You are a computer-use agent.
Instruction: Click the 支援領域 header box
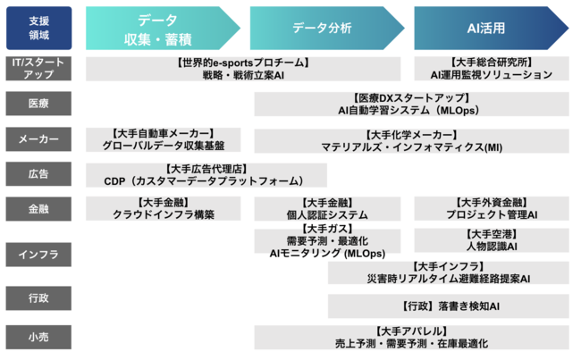pyautogui.click(x=39, y=28)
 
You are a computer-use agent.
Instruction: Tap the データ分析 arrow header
pyautogui.click(x=324, y=29)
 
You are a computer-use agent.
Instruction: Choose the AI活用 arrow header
pyautogui.click(x=488, y=29)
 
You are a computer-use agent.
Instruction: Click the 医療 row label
pyautogui.click(x=39, y=104)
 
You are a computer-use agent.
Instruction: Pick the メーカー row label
pyautogui.click(x=39, y=138)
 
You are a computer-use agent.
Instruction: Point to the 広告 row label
pyautogui.click(x=39, y=173)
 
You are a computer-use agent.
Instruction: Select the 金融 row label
pyautogui.click(x=39, y=208)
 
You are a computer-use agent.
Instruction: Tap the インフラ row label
pyautogui.click(x=39, y=255)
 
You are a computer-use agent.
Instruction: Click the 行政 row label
pyautogui.click(x=39, y=297)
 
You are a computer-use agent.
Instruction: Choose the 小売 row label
pyautogui.click(x=39, y=338)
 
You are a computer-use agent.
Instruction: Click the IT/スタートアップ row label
pyautogui.click(x=39, y=69)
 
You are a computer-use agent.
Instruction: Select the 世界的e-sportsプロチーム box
pyautogui.click(x=243, y=69)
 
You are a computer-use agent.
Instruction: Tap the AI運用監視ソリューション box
pyautogui.click(x=492, y=69)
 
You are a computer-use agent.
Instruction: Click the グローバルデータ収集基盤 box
pyautogui.click(x=164, y=138)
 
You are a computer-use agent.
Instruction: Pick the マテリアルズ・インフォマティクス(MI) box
pyautogui.click(x=411, y=138)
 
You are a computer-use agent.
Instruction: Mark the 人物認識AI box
pyautogui.click(x=492, y=239)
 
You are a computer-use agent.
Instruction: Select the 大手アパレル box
pyautogui.click(x=411, y=338)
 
